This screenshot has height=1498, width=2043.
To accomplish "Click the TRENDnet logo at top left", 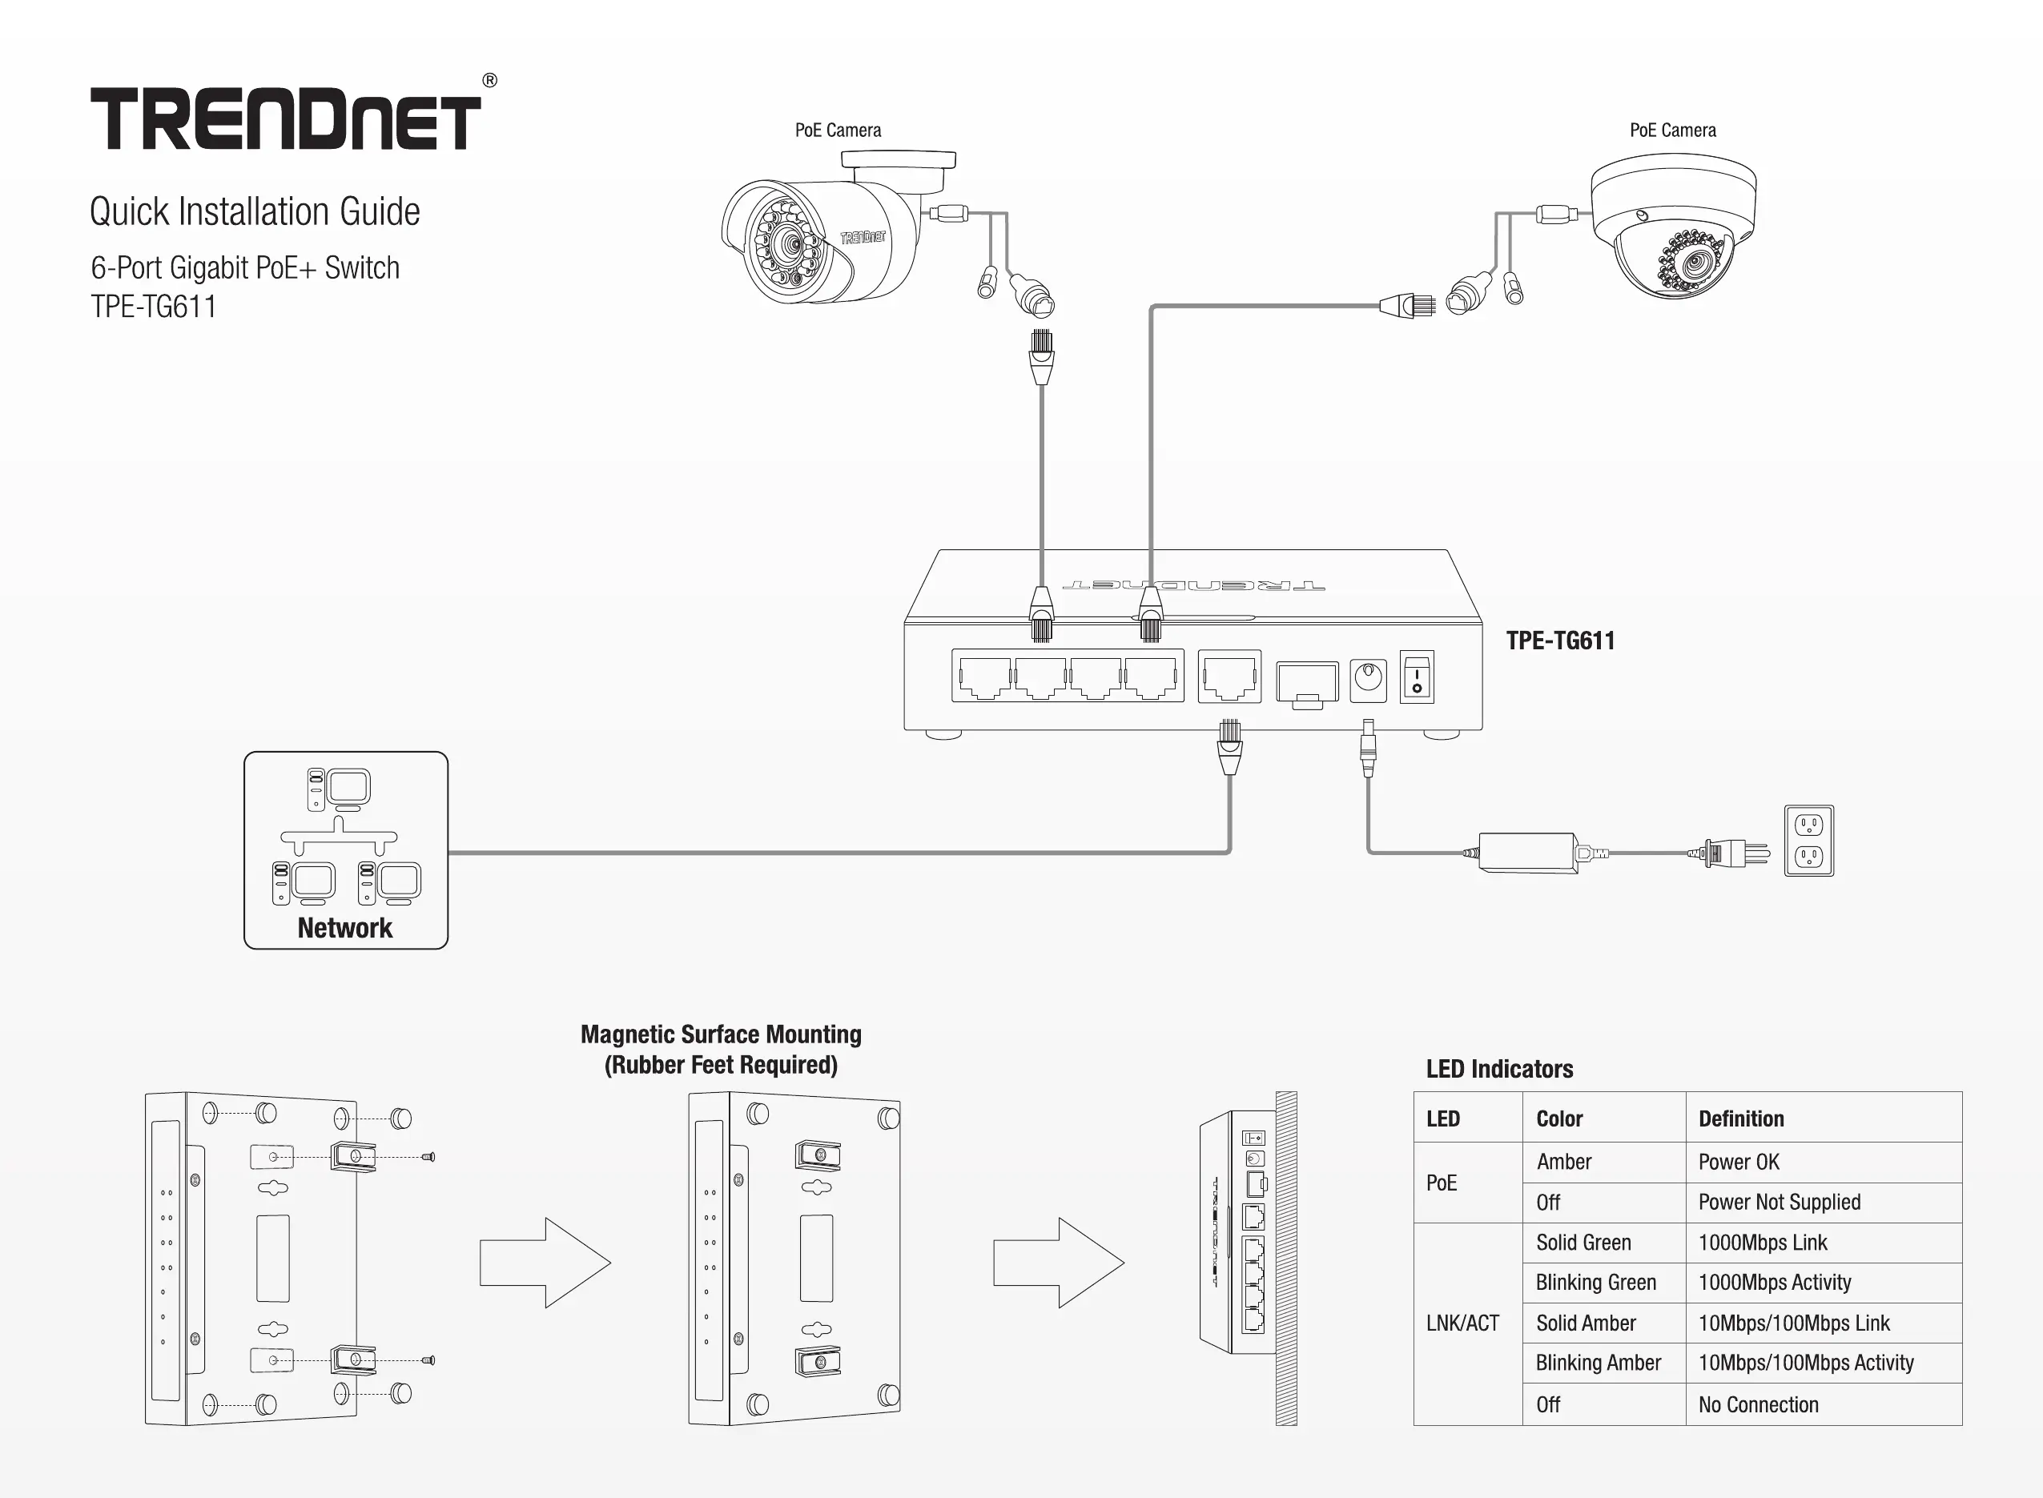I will click(286, 118).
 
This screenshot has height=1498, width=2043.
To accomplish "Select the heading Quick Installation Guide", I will click(255, 211).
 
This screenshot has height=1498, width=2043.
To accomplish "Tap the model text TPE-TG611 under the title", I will click(153, 307).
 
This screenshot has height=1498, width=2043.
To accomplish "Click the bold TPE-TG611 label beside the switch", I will click(1560, 641).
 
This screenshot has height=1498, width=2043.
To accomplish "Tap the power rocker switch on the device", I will click(1417, 677).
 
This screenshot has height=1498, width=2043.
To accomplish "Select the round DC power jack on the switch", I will click(1369, 678).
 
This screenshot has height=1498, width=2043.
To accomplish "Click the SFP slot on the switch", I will click(1307, 684).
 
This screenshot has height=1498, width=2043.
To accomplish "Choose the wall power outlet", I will click(1808, 841).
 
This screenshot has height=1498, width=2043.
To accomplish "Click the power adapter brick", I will click(1529, 853).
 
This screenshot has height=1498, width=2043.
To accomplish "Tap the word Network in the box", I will click(344, 928).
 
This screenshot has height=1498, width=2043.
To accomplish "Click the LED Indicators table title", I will click(1499, 1069).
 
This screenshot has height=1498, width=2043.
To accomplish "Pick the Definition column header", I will click(1741, 1119).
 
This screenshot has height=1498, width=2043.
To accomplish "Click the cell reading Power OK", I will click(1739, 1162).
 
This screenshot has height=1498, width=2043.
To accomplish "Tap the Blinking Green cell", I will click(1596, 1282).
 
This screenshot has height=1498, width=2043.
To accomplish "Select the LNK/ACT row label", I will click(1462, 1323).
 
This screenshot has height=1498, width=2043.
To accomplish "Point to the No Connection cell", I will click(1758, 1404).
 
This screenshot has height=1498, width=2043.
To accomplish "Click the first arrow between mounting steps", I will click(545, 1263).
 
